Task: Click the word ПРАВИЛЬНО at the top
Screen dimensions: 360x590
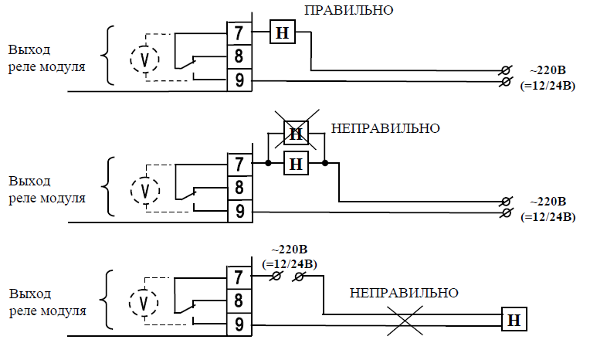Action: click(x=349, y=11)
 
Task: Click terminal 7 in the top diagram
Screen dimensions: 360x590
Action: click(x=239, y=34)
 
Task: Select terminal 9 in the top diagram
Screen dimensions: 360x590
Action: click(x=239, y=80)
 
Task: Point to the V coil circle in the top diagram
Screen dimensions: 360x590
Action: click(x=144, y=58)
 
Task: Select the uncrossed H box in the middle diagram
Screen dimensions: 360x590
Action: click(x=296, y=164)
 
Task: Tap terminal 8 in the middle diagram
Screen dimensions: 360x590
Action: click(x=239, y=187)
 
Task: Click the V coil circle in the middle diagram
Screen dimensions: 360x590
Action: click(x=144, y=189)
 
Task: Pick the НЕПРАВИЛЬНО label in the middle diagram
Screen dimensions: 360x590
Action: click(x=385, y=127)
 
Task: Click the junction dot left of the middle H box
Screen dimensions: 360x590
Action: click(x=268, y=164)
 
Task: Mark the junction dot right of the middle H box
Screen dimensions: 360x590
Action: click(x=326, y=164)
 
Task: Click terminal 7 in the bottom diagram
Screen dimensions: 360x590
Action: click(x=239, y=277)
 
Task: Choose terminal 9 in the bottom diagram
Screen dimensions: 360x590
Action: click(x=239, y=324)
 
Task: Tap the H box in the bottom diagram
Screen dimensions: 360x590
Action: click(x=513, y=318)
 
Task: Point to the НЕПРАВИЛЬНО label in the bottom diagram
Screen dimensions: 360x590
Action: click(x=404, y=294)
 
